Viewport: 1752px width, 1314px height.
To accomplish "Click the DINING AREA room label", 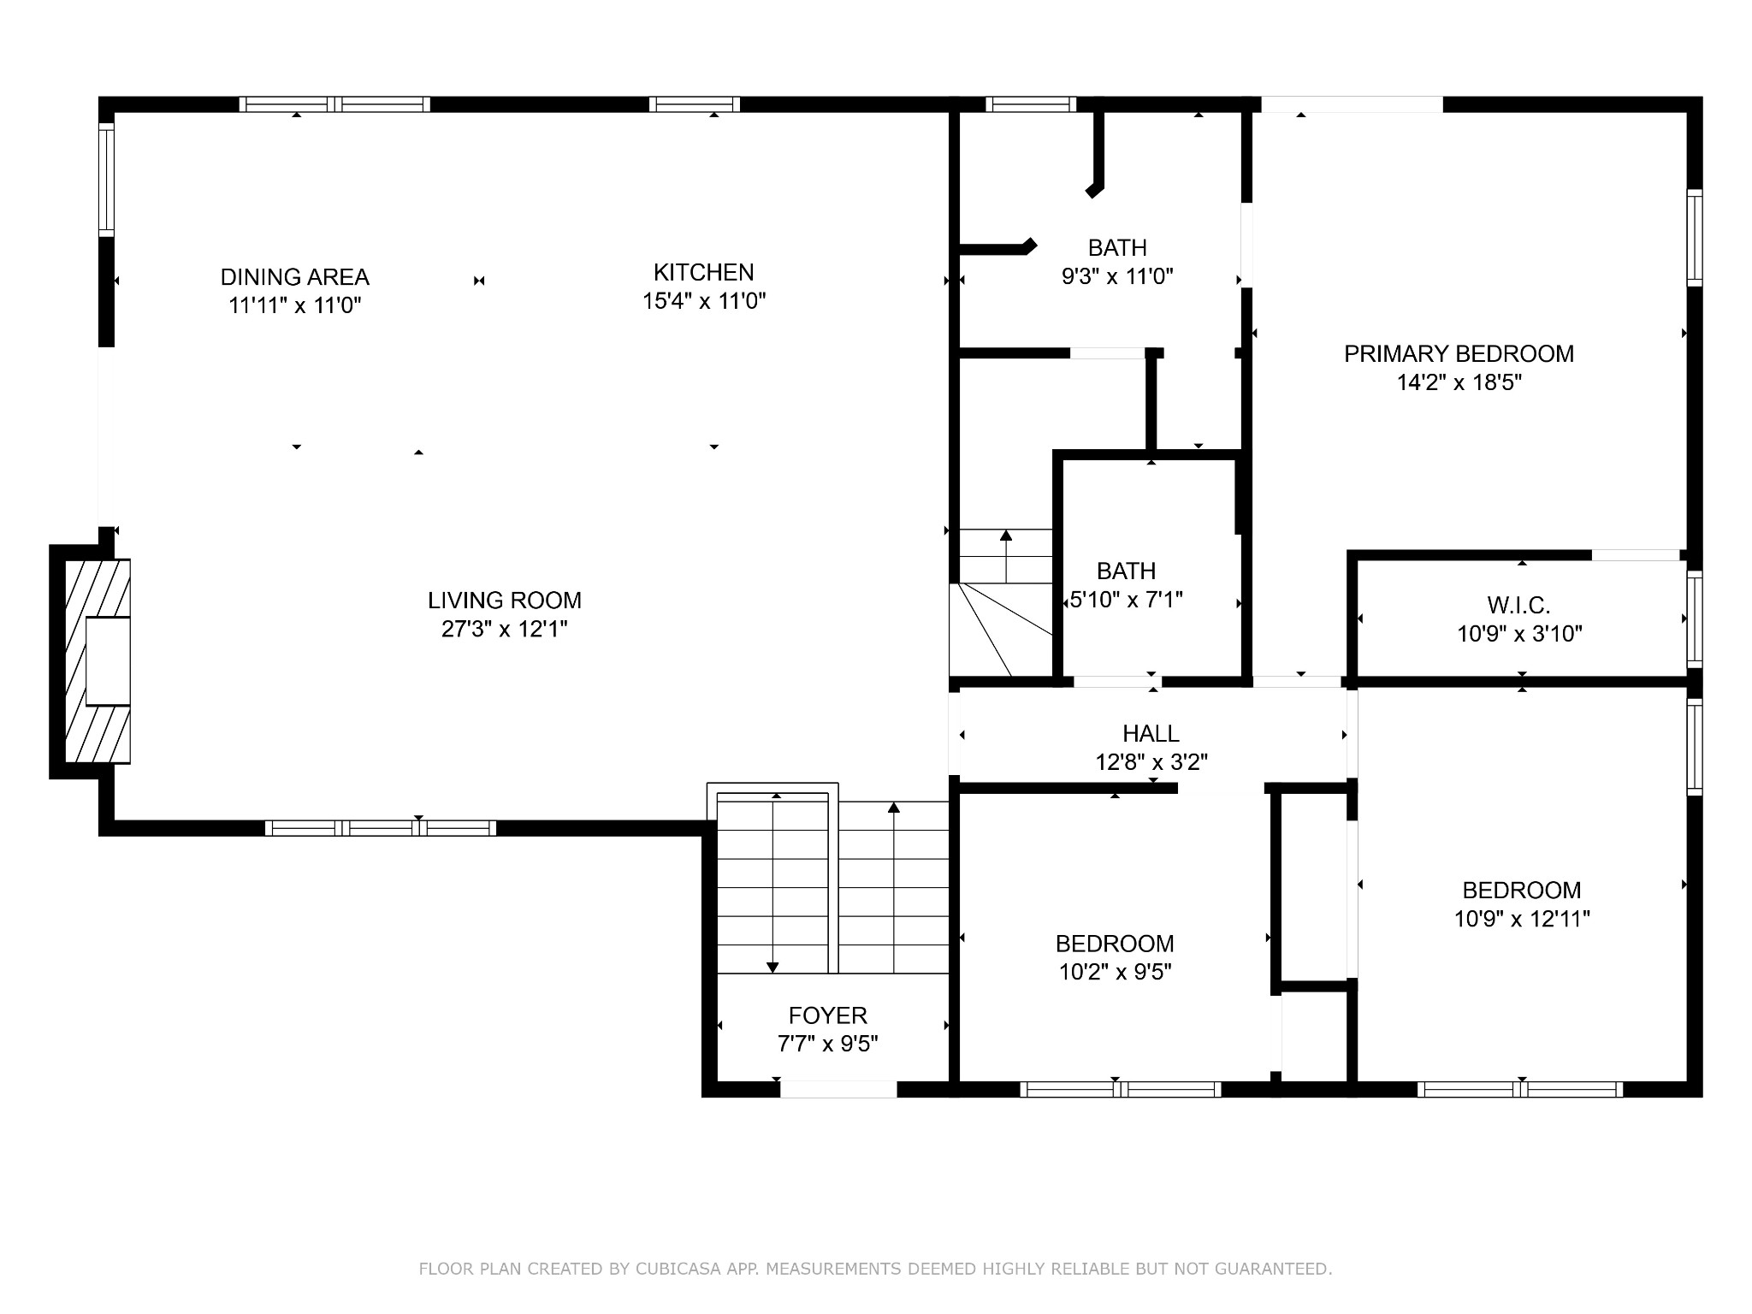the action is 295,277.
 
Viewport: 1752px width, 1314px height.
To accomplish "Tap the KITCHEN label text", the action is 704,272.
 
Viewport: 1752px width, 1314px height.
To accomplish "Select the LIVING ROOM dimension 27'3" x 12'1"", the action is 505,630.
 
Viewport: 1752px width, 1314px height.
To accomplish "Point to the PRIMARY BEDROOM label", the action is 1459,353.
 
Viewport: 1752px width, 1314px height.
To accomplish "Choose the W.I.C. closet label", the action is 1518,605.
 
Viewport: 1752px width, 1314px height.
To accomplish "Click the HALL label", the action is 1151,733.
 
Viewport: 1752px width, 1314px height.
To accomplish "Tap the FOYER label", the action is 828,1015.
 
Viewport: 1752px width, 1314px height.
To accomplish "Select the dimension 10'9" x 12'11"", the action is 1522,919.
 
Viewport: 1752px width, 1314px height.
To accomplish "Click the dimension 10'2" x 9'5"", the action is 1115,972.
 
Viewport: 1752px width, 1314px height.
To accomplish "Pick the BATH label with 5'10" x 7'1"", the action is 1126,571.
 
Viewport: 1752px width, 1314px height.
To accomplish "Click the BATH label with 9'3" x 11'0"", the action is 1117,247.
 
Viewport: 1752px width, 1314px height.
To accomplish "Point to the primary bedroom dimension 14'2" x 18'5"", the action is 1459,382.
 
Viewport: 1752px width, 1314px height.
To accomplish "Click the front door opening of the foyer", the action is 838,1089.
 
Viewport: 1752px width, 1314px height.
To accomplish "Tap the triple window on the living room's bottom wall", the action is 381,828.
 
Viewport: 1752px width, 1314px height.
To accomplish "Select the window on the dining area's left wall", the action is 106,180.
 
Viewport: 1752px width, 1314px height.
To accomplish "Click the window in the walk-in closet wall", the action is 1694,619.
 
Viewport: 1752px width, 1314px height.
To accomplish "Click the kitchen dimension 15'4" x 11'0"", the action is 704,301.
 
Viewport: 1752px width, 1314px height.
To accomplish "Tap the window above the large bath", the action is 1031,104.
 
